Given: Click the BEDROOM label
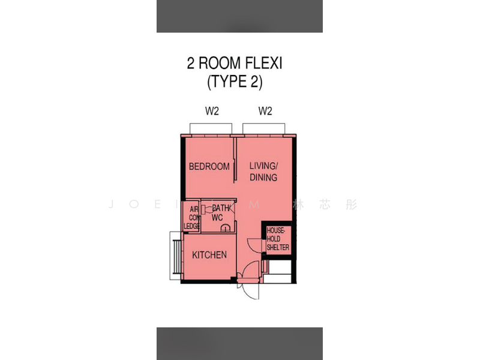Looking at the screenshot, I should tap(209, 166).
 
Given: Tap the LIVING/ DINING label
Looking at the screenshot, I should tap(263, 171).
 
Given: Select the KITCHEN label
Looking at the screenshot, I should tap(209, 255).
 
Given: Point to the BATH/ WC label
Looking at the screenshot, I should tap(218, 212).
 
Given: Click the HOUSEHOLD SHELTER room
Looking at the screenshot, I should tap(278, 239).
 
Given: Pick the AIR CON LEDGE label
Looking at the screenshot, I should tap(193, 217).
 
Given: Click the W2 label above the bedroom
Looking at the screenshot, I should tap(212, 111).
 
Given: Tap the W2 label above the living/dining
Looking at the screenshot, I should tap(265, 111).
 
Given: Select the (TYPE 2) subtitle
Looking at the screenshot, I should tap(235, 82).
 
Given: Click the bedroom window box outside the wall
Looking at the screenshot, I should tap(210, 128).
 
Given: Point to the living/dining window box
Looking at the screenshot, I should tap(263, 128).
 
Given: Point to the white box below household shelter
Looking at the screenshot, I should tap(278, 268).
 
